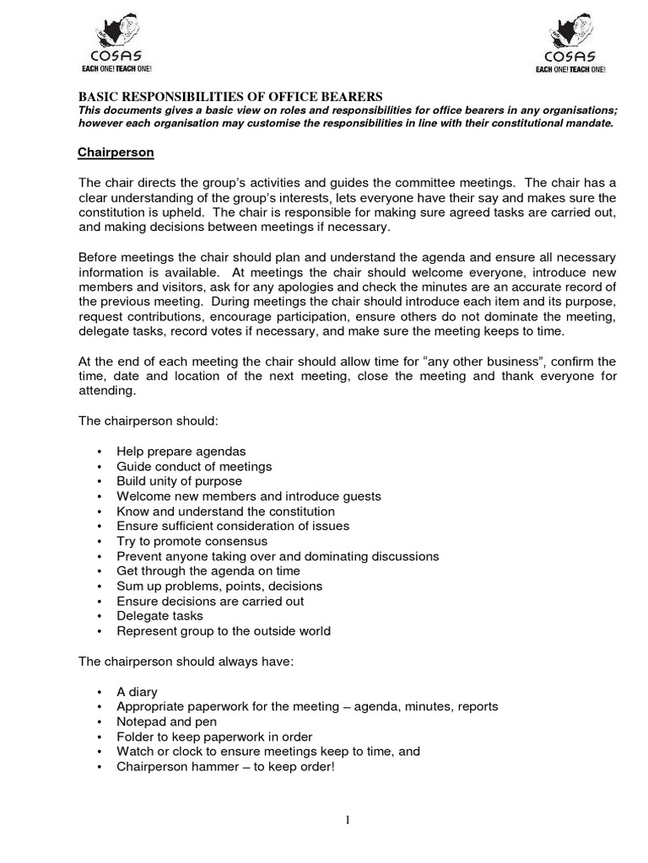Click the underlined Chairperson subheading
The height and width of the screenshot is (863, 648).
[116, 153]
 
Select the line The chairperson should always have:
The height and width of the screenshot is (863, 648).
[186, 662]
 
